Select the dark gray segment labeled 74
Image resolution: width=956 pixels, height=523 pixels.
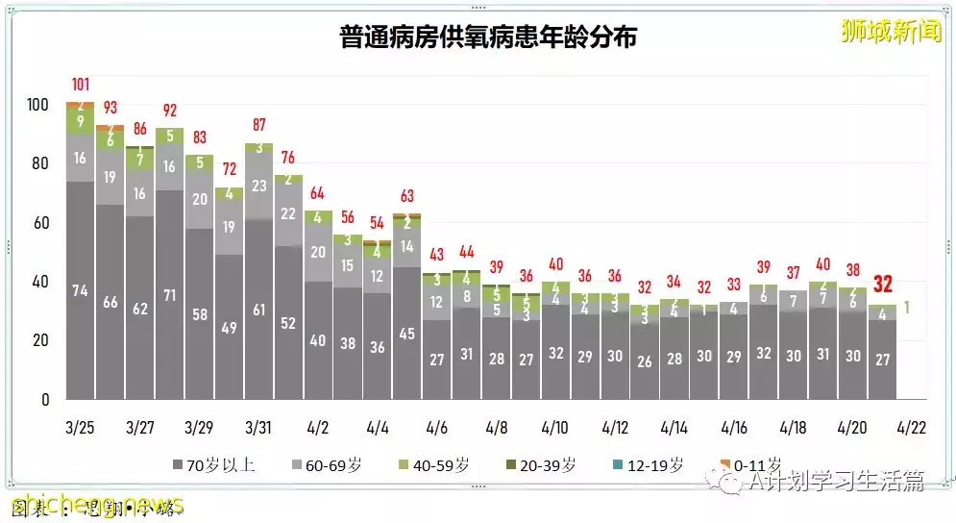[x=82, y=290]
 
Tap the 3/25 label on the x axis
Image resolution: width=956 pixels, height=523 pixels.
[x=82, y=426]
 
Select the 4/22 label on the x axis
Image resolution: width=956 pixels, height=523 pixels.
[x=912, y=426]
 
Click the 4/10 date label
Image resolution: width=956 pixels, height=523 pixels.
[x=555, y=426]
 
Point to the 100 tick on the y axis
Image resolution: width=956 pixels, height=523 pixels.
[x=38, y=104]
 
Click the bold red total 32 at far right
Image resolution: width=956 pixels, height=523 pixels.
[x=883, y=285]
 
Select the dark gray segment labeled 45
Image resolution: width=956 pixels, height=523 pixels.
[x=407, y=334]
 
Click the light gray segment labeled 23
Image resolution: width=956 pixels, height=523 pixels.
[x=258, y=187]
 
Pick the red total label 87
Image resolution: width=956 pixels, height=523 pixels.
[x=259, y=125]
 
